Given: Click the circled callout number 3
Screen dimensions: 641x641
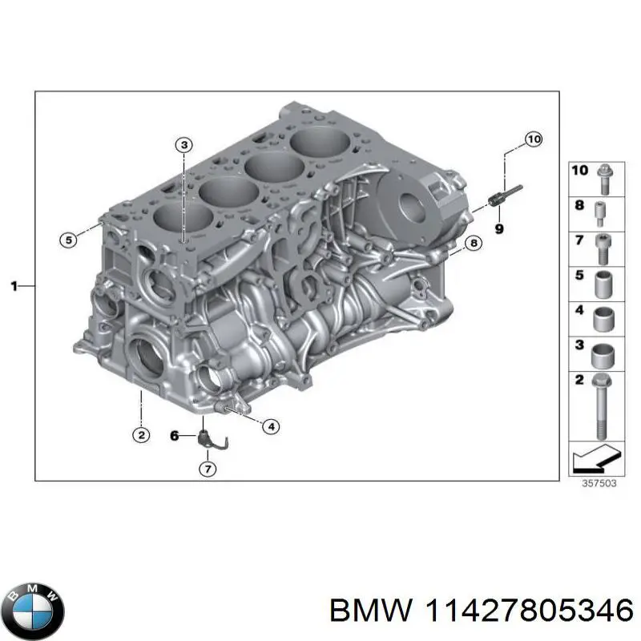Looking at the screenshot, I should [x=183, y=145].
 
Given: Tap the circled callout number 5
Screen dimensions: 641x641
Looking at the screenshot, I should [x=69, y=239].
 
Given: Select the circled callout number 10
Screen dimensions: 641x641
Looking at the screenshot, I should [x=533, y=139].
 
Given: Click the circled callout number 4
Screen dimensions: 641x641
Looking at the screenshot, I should [x=271, y=426].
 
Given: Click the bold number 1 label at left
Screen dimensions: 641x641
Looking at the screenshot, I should [x=14, y=285].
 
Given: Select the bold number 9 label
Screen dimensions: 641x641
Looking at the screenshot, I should [x=498, y=229].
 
